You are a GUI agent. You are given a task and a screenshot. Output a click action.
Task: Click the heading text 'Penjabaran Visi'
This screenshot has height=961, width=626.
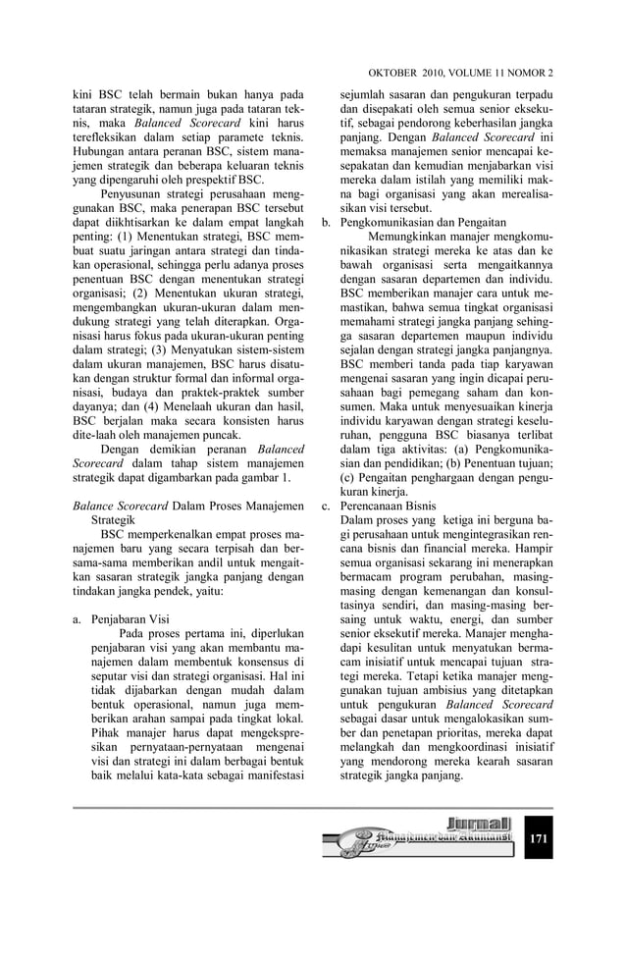point(130,620)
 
